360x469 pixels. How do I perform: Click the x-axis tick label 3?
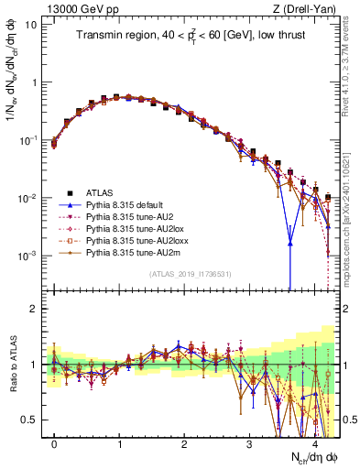pos(249,443)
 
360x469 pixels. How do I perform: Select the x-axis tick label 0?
pos(54,443)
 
